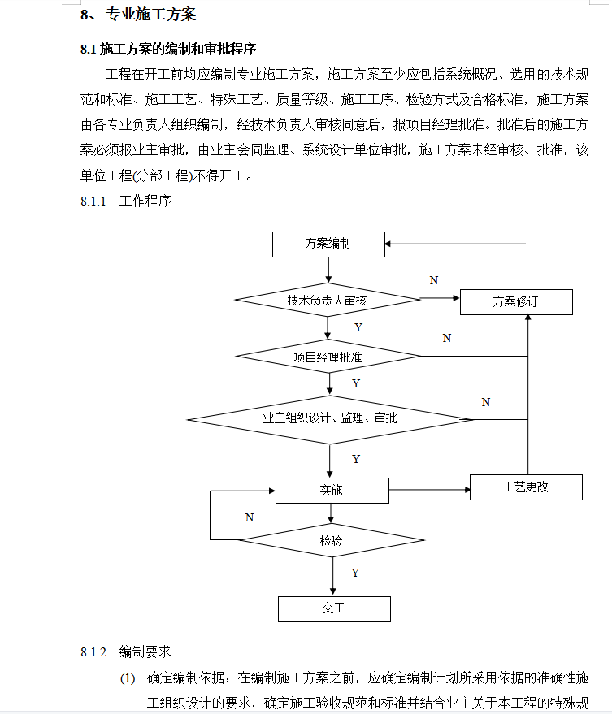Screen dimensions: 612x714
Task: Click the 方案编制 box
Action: [x=328, y=244]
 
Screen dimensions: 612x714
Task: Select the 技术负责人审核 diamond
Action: [x=328, y=300]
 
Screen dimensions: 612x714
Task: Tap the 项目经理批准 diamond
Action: [x=328, y=356]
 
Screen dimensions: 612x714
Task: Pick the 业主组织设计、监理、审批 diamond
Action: [x=330, y=419]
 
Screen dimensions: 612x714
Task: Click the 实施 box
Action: [x=332, y=491]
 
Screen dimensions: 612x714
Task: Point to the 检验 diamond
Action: [x=332, y=540]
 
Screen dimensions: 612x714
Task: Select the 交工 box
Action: [x=334, y=609]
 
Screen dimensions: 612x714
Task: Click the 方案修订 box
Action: [x=516, y=302]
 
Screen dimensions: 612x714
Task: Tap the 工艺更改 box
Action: [x=526, y=487]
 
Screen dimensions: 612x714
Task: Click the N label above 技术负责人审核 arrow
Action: [x=434, y=280]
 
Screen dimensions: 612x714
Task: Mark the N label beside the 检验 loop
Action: [x=250, y=517]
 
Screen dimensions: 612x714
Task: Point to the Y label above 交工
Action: [x=355, y=573]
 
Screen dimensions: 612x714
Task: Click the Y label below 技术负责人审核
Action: [x=358, y=327]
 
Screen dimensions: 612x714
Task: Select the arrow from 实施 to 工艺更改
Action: [x=430, y=490]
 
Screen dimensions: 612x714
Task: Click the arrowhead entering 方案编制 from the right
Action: [x=388, y=244]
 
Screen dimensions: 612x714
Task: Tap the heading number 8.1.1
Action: [x=93, y=201]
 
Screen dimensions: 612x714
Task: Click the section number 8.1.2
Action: [x=93, y=652]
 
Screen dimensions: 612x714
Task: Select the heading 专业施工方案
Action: [x=151, y=15]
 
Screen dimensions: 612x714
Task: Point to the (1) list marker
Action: [x=128, y=678]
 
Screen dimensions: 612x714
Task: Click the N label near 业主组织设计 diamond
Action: [x=486, y=403]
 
